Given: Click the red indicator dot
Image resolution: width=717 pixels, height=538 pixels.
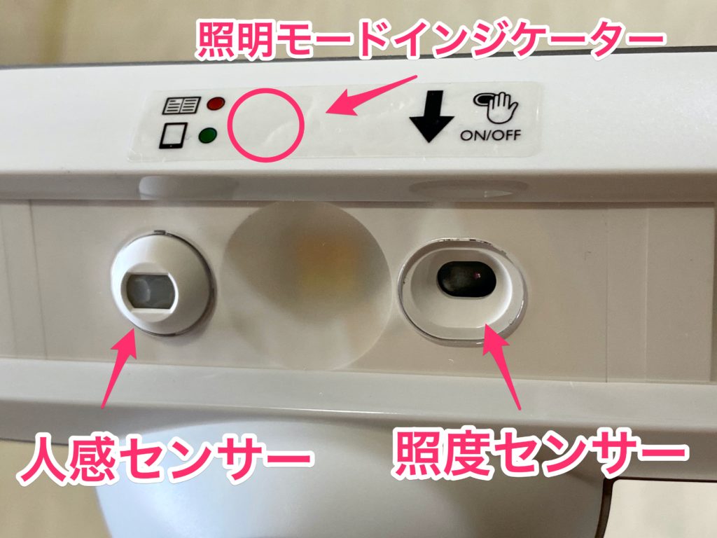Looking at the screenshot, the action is pyautogui.click(x=214, y=104).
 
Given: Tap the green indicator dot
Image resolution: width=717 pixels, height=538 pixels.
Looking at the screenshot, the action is pyautogui.click(x=207, y=137).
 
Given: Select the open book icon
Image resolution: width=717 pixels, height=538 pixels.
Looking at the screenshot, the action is pyautogui.click(x=181, y=106).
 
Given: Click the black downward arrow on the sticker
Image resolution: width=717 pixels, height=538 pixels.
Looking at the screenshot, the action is pyautogui.click(x=431, y=116).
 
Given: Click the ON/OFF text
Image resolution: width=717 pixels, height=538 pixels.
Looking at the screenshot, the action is pyautogui.click(x=490, y=135).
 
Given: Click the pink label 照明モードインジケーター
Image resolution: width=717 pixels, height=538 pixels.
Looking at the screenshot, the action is pyautogui.click(x=429, y=38).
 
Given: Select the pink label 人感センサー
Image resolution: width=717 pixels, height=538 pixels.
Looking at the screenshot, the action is pyautogui.click(x=165, y=460).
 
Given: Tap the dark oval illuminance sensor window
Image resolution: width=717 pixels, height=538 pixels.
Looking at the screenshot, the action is pyautogui.click(x=466, y=280).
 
